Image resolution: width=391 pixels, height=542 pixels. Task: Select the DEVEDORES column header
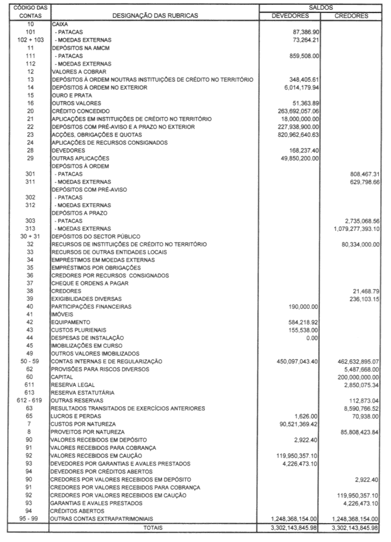click(290, 15)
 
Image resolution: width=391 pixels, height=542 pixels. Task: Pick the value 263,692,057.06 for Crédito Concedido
click(297, 111)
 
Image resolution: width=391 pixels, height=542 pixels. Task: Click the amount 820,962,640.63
click(297, 135)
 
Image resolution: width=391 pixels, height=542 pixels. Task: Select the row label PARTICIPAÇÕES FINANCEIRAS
click(89, 307)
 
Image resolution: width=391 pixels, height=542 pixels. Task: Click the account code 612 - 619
click(26, 401)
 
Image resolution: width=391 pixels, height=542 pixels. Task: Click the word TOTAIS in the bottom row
click(153, 527)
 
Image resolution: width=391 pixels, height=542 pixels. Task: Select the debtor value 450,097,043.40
click(297, 361)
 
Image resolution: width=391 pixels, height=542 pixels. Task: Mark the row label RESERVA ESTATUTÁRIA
click(78, 392)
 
